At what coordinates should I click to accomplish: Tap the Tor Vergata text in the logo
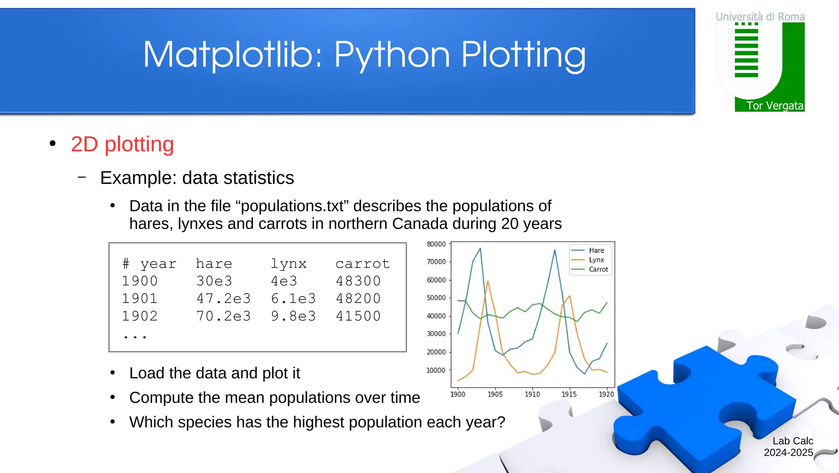coord(774,106)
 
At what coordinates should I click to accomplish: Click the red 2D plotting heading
coord(122,144)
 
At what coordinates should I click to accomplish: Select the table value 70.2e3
coord(223,316)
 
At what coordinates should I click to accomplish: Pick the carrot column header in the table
coord(362,264)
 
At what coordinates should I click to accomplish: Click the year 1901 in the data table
coord(140,299)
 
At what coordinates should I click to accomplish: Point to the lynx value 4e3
coord(284,281)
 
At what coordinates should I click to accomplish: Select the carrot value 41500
coord(358,316)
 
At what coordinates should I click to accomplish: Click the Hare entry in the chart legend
coord(596,250)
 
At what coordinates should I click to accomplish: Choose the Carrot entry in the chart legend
coord(598,269)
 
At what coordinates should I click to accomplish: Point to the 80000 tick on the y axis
coord(436,244)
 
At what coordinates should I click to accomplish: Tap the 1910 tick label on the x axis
coord(532,394)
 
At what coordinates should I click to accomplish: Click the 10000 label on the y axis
coord(436,370)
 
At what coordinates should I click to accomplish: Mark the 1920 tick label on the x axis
coord(606,394)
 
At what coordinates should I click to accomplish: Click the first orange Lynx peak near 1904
coord(488,281)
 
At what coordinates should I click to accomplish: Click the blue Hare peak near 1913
coord(555,250)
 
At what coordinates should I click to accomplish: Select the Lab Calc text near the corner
coord(792,441)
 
